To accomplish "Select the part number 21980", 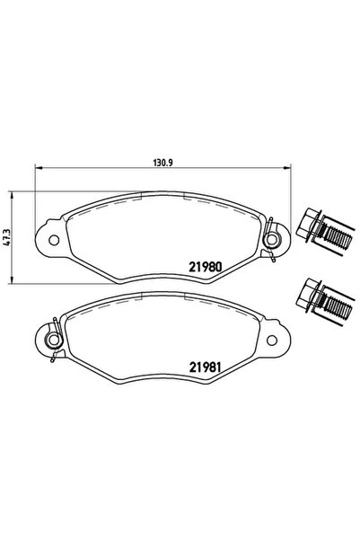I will [206, 267].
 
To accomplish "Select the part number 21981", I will [206, 366].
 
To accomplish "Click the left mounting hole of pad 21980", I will [51, 240].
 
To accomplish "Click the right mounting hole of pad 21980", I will [273, 240].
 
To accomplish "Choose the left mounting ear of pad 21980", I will [47, 240].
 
